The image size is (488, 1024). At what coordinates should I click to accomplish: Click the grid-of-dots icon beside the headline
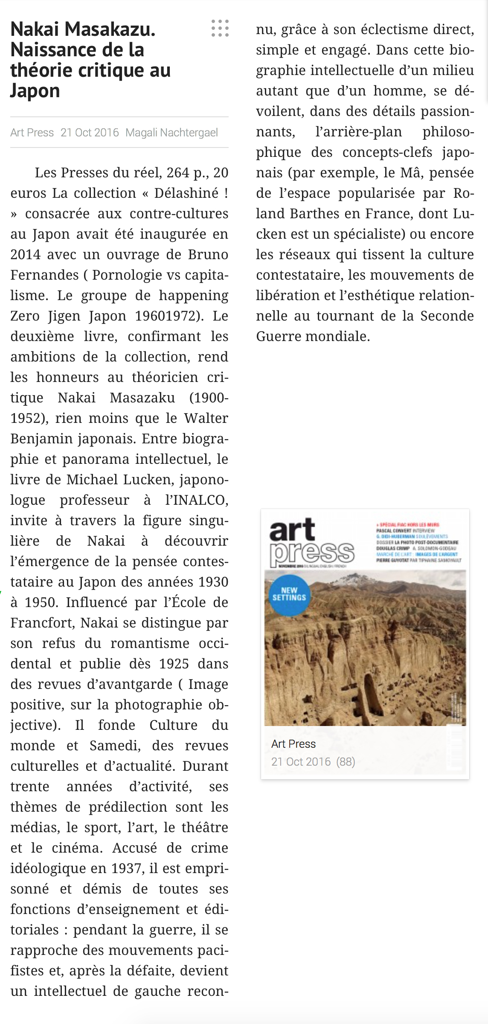point(220,28)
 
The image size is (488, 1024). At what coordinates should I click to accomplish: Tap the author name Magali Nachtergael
point(171,133)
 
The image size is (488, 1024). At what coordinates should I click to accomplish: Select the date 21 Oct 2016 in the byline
point(90,133)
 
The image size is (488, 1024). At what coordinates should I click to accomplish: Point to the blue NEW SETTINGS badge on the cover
point(289,594)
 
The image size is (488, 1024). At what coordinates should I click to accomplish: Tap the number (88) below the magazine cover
point(346,762)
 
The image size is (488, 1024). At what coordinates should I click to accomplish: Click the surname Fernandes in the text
point(45,275)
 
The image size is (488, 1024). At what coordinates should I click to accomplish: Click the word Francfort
point(43,623)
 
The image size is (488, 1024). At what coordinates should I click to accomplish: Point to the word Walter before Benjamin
point(206,418)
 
